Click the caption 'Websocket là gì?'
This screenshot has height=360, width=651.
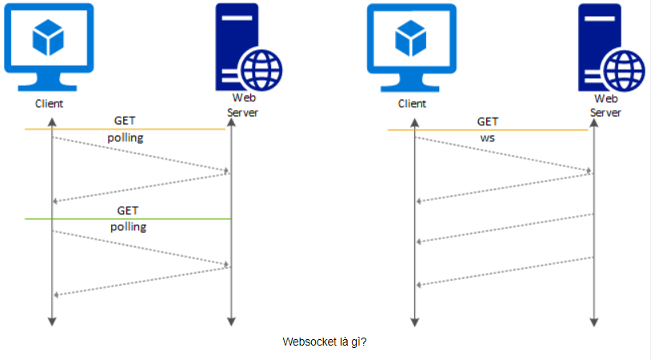click(x=325, y=342)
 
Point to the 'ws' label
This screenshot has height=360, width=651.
click(x=487, y=138)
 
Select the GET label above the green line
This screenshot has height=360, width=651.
click(x=128, y=210)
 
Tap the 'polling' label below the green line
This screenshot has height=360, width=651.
click(x=128, y=226)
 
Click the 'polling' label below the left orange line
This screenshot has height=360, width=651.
click(x=126, y=137)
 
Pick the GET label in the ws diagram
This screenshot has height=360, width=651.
click(x=488, y=122)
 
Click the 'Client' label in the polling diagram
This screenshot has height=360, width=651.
click(x=49, y=103)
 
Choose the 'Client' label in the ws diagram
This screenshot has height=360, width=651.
click(x=412, y=103)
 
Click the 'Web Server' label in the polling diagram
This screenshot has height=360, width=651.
click(x=242, y=105)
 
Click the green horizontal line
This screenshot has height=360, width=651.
click(x=128, y=219)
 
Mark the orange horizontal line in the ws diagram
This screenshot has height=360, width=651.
click(x=488, y=130)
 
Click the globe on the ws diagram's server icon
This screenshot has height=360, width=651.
click(x=623, y=71)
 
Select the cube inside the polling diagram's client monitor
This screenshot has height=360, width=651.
click(x=49, y=35)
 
